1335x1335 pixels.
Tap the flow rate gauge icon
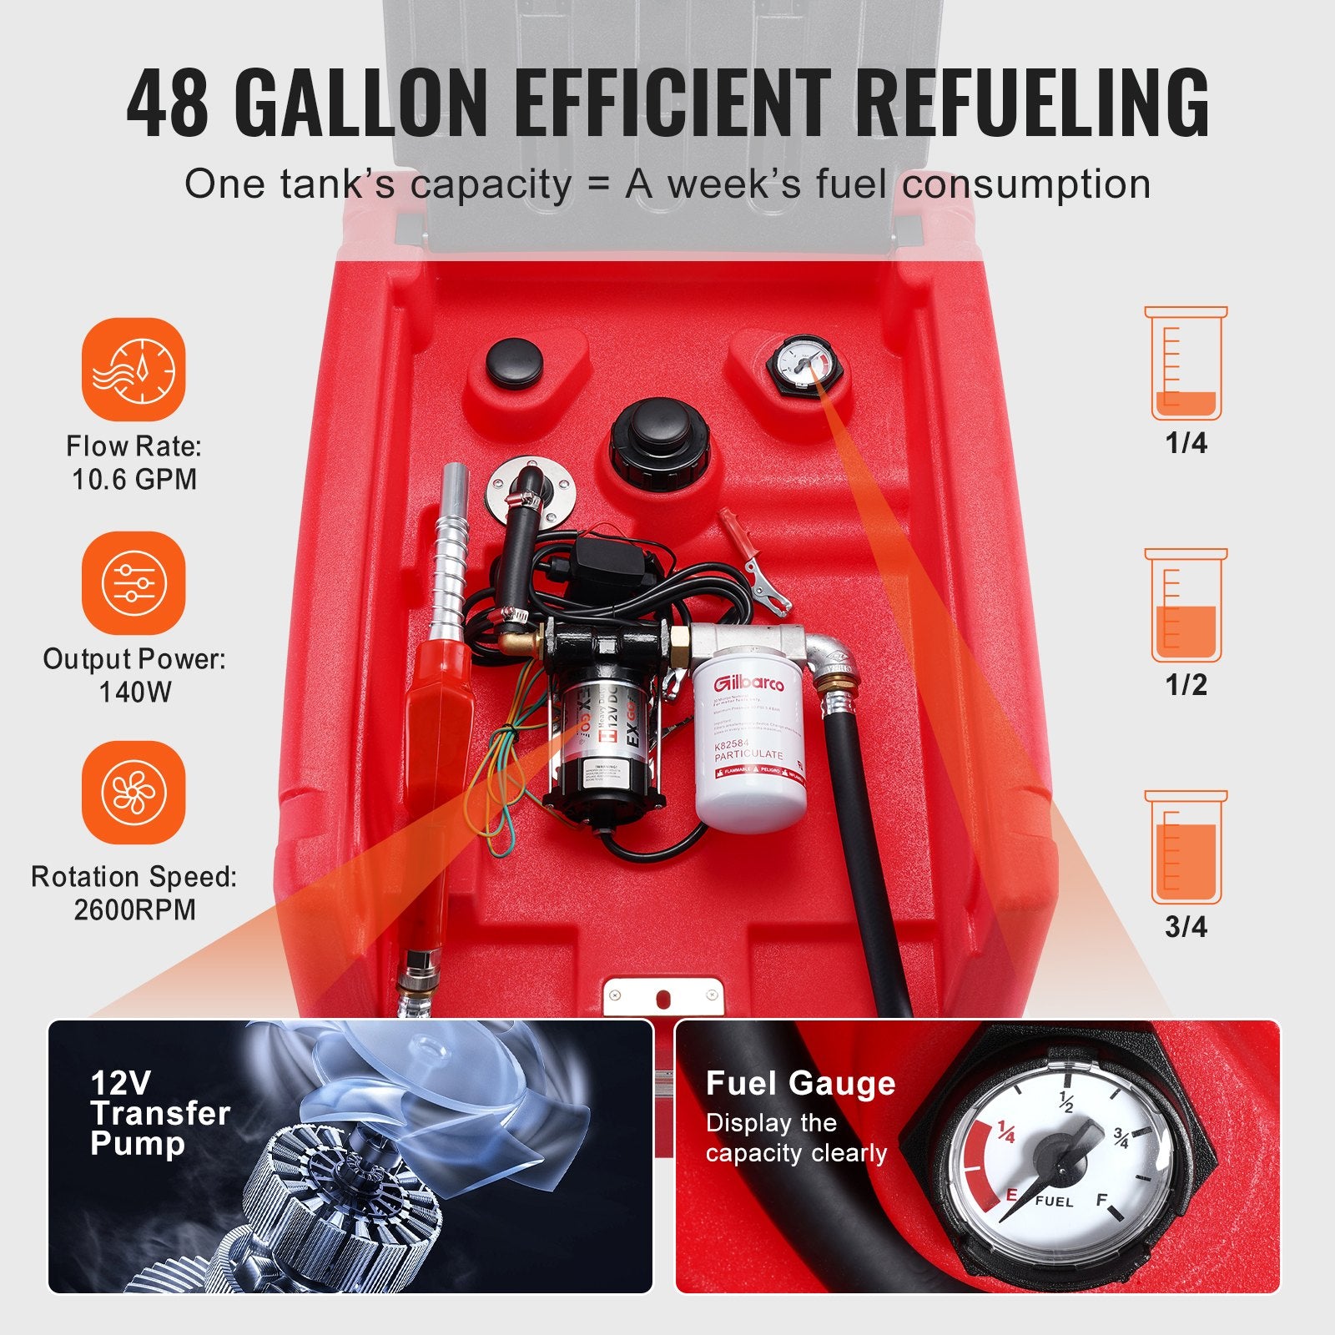click(133, 370)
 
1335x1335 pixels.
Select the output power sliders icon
click(133, 583)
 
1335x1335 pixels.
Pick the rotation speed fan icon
click(133, 792)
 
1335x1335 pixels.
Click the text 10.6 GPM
click(134, 480)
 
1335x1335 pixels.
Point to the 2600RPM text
click(134, 909)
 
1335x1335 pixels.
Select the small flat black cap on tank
click(515, 361)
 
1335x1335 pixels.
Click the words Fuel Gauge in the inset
click(800, 1083)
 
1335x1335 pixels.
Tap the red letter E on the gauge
click(1011, 1195)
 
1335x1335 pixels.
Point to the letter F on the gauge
click(1101, 1200)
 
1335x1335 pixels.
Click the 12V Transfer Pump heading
click(159, 1113)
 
